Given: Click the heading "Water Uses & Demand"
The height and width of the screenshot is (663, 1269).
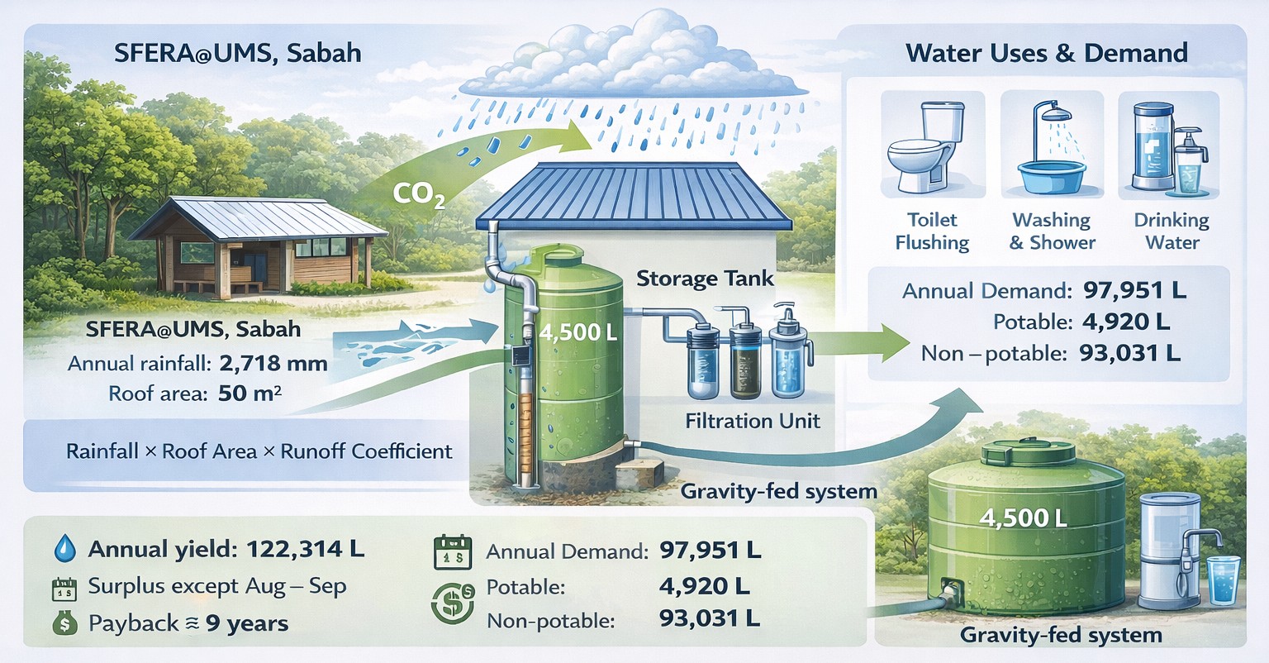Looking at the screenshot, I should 1046,53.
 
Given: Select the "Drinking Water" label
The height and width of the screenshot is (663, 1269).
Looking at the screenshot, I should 1171,231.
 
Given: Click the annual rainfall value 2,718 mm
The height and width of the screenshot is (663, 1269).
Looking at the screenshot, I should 274,364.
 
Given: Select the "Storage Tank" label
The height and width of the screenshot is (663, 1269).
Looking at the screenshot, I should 705,279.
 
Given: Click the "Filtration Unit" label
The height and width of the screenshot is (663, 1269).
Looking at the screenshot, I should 752,421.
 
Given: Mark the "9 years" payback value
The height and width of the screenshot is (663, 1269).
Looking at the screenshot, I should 247,622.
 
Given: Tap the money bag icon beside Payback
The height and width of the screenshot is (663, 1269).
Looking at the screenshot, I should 64,622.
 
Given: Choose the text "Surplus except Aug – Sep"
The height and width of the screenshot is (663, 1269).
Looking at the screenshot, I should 216,586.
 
